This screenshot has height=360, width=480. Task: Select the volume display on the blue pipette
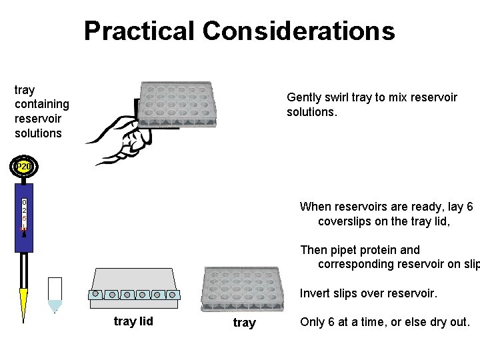(24, 213)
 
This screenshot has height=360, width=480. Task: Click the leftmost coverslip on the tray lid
(96, 294)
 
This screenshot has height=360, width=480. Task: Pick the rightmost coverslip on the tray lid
(172, 294)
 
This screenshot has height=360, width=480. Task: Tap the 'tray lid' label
(133, 321)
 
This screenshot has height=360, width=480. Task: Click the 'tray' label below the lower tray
(244, 323)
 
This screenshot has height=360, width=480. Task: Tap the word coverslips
(344, 221)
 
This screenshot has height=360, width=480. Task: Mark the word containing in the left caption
(41, 104)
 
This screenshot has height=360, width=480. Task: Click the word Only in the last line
(313, 322)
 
